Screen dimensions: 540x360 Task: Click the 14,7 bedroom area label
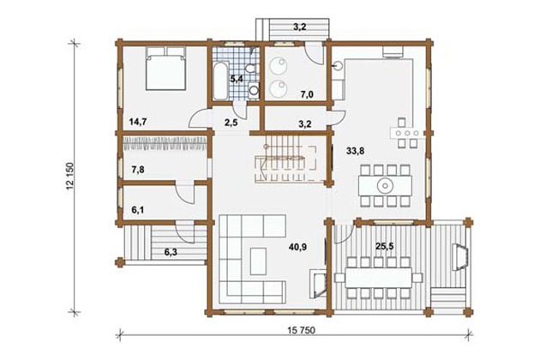[x=139, y=121]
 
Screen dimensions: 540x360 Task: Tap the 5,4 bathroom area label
[x=237, y=79]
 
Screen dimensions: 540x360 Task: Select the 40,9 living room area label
[x=298, y=247]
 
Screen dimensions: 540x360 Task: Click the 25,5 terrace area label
[x=385, y=247]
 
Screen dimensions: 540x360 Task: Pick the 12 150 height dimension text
[x=70, y=176]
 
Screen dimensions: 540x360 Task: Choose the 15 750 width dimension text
[x=302, y=330]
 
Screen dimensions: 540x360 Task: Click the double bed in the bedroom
[x=166, y=68]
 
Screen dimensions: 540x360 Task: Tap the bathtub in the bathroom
[x=220, y=81]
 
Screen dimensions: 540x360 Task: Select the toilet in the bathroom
[x=252, y=67]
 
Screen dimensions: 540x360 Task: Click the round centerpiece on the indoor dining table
[x=385, y=186]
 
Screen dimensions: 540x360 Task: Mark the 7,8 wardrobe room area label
[x=138, y=170]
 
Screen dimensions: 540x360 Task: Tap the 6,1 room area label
[x=138, y=210]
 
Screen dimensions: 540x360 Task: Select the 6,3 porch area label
[x=171, y=252]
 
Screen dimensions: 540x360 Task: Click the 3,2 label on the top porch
[x=300, y=27]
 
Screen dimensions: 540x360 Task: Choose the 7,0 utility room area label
[x=307, y=94]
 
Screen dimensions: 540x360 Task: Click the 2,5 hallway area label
[x=231, y=123]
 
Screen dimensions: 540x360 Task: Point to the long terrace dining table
[x=379, y=278]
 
